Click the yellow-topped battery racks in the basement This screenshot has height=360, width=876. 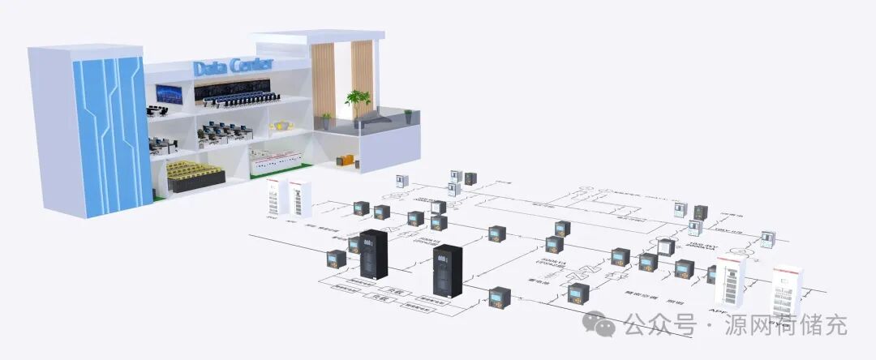coord(199,174)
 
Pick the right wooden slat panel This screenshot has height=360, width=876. coord(362,77)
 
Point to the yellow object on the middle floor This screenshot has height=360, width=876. coord(282,126)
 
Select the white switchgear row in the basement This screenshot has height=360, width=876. coord(278,161)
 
